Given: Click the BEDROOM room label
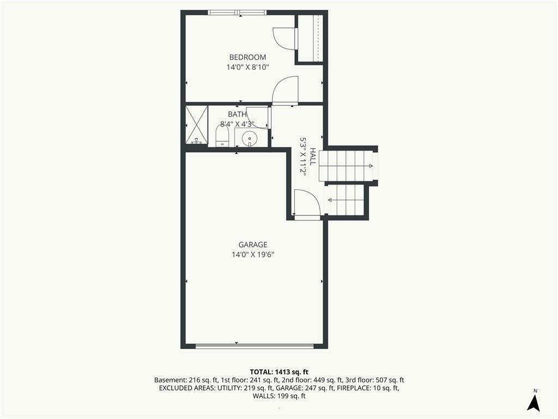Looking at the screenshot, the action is (247, 57).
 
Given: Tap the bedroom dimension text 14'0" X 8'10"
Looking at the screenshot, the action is (247, 67).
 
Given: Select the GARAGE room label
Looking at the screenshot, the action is (253, 245).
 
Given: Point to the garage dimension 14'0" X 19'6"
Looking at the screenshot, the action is (253, 255).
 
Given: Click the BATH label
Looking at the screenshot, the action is (237, 115).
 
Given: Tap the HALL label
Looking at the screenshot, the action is (312, 157).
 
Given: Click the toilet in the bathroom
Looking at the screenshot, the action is (222, 136).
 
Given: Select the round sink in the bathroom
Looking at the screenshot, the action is (250, 138).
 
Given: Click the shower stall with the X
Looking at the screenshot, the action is (197, 125).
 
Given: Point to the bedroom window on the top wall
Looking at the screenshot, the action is (238, 13).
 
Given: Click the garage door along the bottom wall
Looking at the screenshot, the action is (254, 345).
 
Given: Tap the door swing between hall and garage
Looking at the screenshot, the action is (307, 203).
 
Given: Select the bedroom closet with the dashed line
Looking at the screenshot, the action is (310, 39).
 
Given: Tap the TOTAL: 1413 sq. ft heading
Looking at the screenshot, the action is (279, 372).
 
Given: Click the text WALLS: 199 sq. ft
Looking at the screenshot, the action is (279, 396).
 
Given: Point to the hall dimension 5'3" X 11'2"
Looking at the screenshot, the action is (303, 157).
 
